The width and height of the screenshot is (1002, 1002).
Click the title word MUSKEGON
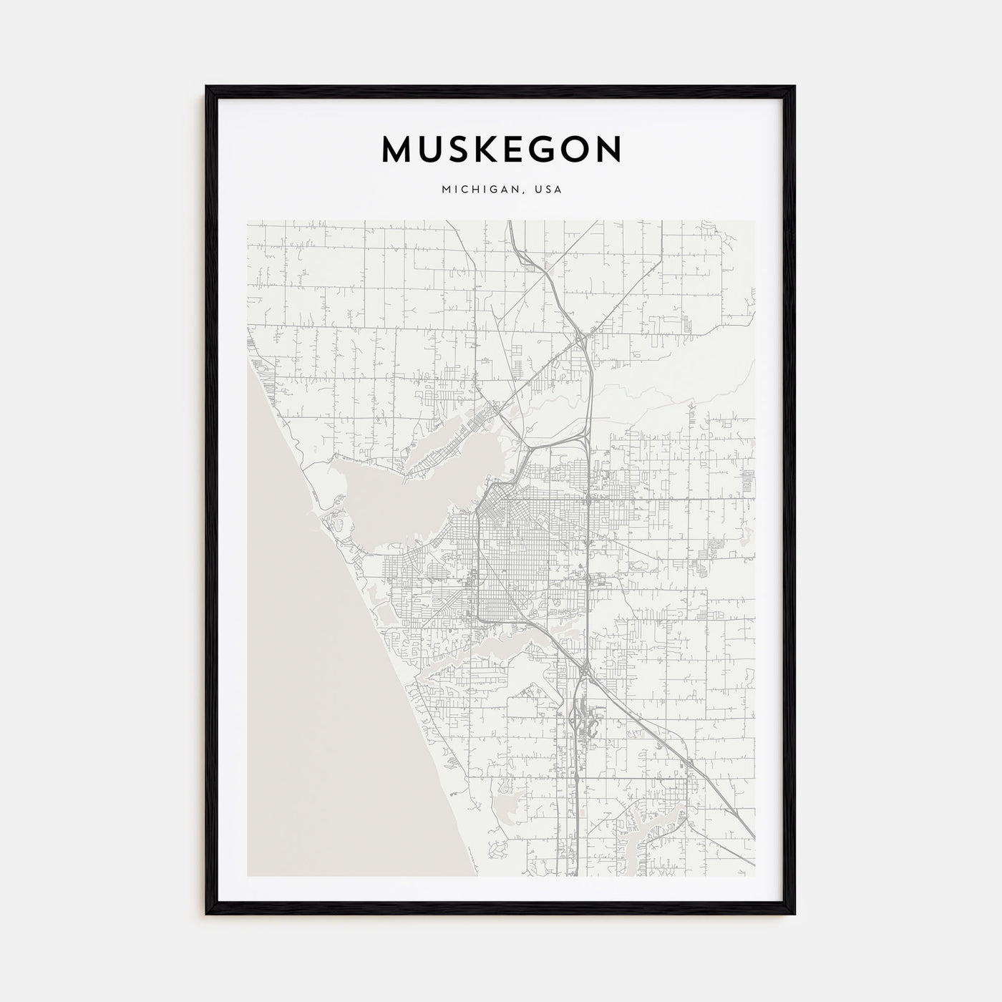(x=501, y=150)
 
